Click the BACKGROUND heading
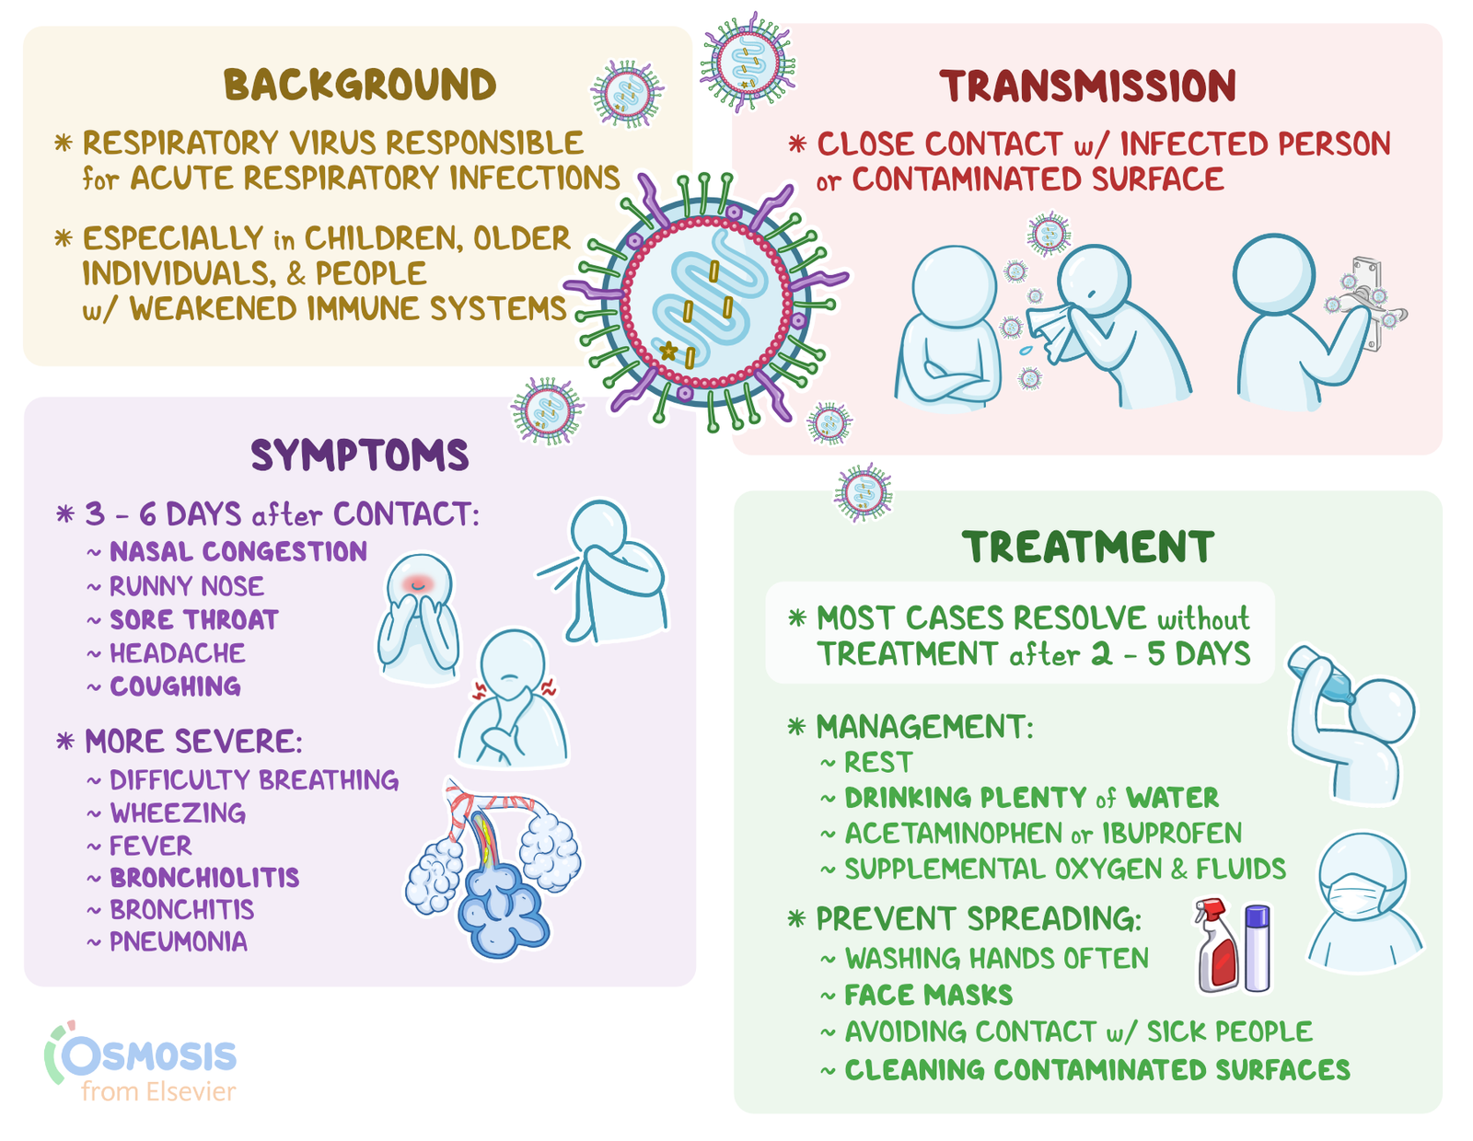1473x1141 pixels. tap(359, 85)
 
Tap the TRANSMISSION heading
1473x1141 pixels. tap(1087, 86)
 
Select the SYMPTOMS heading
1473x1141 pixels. tap(359, 455)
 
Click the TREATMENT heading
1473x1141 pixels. tap(1087, 547)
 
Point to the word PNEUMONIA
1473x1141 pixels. tap(178, 941)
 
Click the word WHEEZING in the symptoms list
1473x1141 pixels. tap(178, 813)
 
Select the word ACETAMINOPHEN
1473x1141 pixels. tap(953, 833)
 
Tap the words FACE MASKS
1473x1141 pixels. tap(928, 995)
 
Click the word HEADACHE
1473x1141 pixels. tap(177, 653)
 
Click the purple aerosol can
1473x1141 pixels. tap(1257, 948)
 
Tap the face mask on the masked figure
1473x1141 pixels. tap(1360, 894)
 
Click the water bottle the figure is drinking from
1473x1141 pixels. tap(1318, 674)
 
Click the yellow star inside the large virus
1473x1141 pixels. tap(668, 351)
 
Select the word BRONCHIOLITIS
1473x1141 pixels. tap(204, 878)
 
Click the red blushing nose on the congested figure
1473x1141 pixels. tap(419, 583)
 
